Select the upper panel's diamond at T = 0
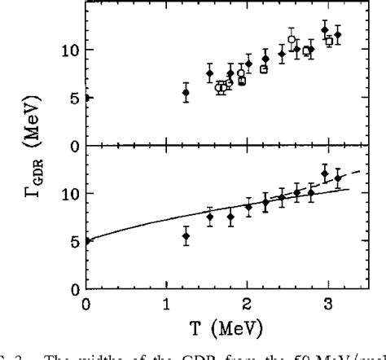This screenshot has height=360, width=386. tap(87, 98)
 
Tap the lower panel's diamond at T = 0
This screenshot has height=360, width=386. tap(87, 240)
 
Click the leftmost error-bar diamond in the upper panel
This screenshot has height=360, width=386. tap(186, 93)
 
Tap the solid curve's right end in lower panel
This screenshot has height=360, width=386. tap(349, 189)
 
